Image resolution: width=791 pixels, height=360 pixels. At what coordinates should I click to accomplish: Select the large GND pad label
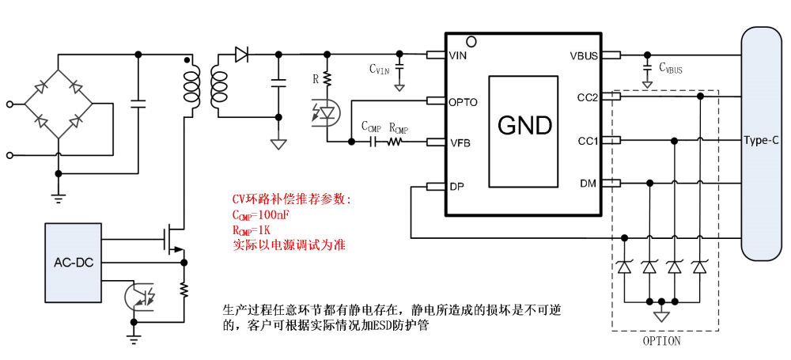click(x=524, y=124)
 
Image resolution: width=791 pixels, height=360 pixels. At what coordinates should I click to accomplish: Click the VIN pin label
click(x=459, y=55)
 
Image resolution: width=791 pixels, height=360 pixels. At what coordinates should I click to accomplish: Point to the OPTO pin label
click(x=463, y=101)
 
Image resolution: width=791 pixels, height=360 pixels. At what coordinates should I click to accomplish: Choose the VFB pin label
click(x=460, y=142)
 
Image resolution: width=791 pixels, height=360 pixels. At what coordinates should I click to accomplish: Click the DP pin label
click(x=456, y=187)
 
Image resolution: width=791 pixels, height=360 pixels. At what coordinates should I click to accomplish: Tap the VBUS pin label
click(x=584, y=55)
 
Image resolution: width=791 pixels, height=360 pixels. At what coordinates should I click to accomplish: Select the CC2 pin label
click(x=587, y=97)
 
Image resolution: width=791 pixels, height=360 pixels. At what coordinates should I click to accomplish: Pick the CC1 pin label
click(x=587, y=141)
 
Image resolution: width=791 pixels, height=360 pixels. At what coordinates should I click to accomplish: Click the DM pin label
click(x=588, y=184)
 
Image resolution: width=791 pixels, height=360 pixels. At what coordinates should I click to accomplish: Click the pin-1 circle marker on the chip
click(x=471, y=40)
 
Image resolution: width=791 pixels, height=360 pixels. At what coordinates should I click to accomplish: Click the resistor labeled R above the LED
click(x=326, y=79)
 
